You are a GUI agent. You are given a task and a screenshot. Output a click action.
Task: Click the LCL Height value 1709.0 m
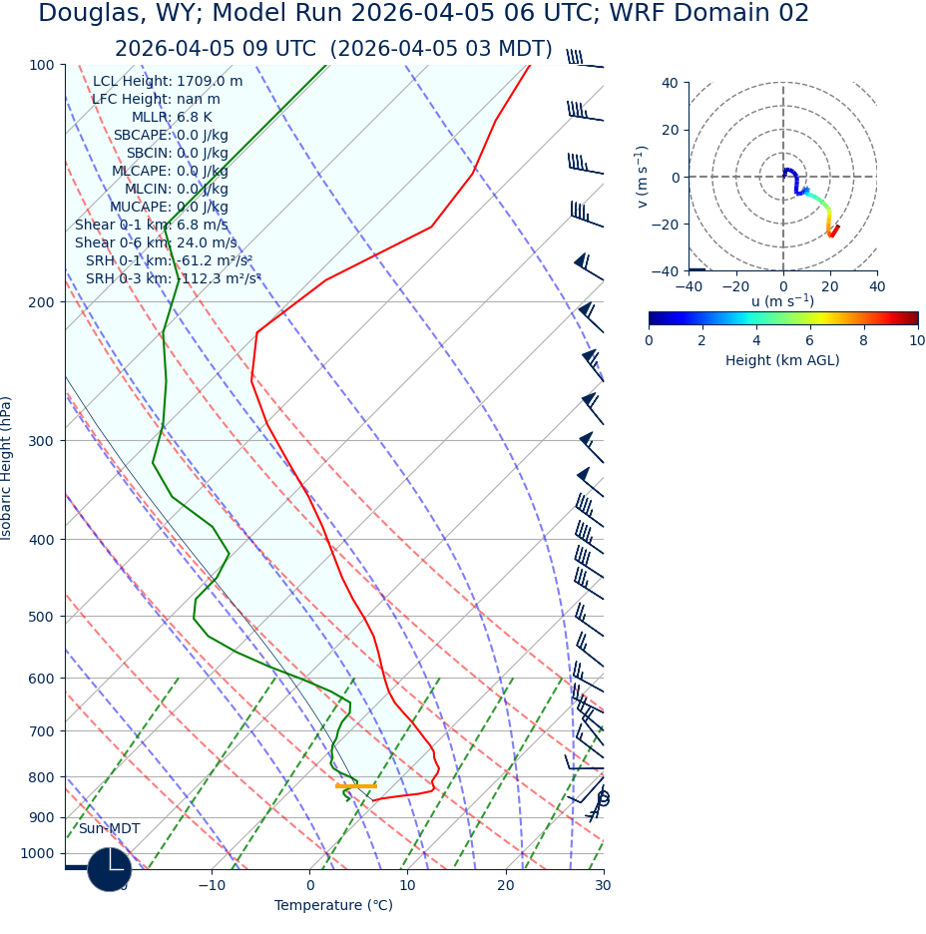(210, 82)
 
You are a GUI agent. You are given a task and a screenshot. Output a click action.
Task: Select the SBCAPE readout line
(171, 136)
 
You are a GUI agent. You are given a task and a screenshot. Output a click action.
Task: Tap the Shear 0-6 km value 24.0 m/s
(207, 243)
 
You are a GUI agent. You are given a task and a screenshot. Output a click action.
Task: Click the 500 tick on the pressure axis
(40, 617)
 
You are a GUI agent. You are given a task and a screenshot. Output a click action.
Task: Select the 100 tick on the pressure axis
(40, 65)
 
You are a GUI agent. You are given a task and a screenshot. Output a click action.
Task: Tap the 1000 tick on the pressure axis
(36, 853)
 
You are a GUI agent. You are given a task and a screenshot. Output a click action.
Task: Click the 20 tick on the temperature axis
(506, 885)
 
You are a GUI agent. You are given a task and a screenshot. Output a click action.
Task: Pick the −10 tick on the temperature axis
(212, 885)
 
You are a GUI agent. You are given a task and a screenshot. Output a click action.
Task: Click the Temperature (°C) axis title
(333, 906)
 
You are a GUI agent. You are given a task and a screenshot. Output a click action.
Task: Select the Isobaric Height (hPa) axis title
(7, 468)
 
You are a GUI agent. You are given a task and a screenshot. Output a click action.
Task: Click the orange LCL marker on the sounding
(355, 786)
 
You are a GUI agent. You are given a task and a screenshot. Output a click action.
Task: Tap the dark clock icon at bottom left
(110, 869)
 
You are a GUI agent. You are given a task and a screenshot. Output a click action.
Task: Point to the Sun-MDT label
(110, 829)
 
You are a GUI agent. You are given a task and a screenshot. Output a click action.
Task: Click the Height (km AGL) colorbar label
(782, 361)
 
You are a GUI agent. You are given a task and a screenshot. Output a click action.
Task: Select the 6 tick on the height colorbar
(810, 340)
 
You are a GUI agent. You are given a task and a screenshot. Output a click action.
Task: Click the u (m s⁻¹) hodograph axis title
(782, 301)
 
